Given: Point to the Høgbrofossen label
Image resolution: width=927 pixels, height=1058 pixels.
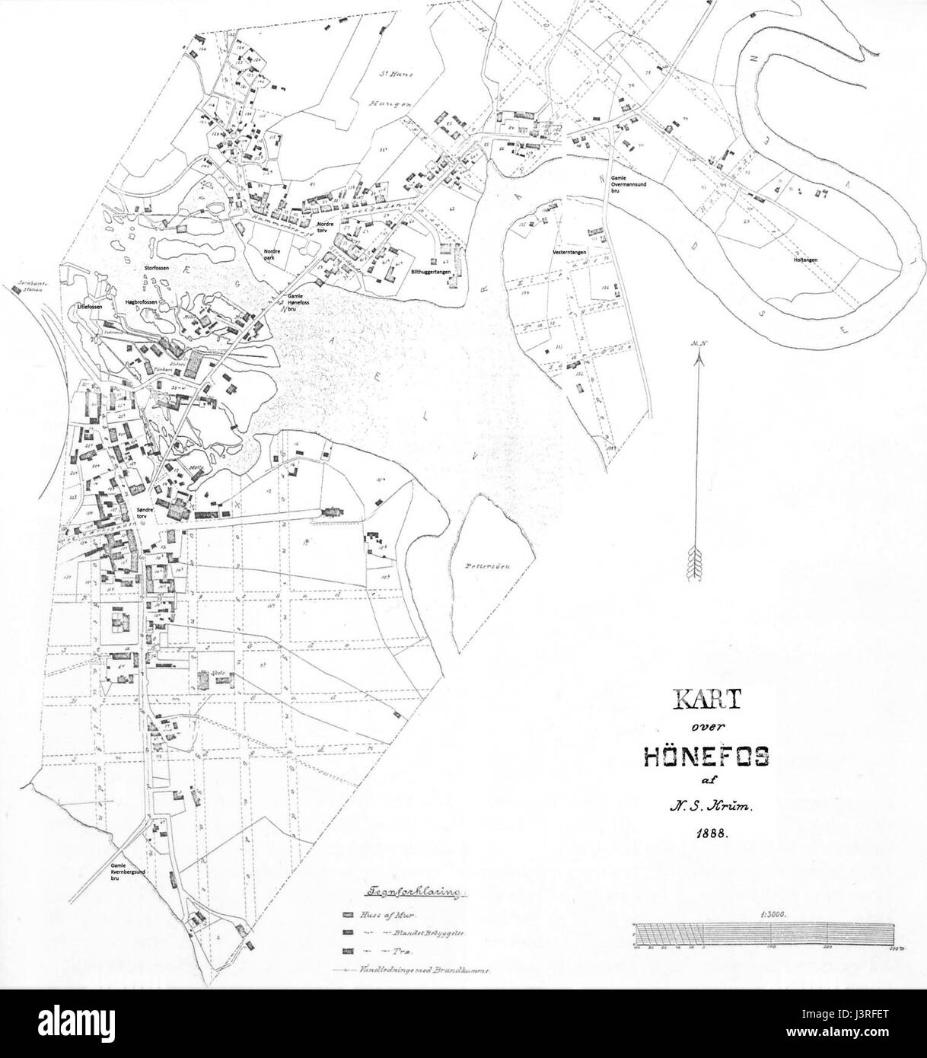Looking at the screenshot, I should click(141, 302).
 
